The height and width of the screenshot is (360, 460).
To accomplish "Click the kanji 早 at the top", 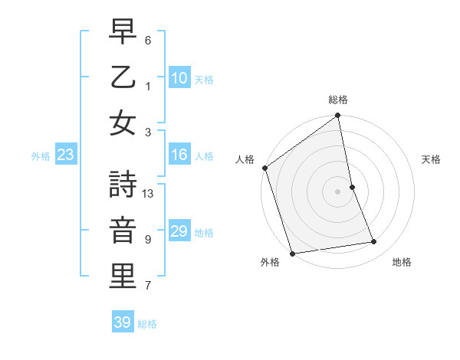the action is click(123, 31).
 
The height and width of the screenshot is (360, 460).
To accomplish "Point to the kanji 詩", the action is click(123, 185).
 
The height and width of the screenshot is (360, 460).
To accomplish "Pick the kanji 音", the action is click(123, 231).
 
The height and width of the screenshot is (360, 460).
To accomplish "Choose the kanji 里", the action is click(123, 277).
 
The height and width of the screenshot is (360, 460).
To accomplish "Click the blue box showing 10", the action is click(179, 78).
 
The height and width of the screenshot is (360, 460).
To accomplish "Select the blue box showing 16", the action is click(179, 155).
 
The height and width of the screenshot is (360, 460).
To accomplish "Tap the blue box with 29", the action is click(179, 231).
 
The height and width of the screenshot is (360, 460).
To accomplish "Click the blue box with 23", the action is click(65, 155).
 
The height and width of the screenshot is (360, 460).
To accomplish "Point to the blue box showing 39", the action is click(122, 322).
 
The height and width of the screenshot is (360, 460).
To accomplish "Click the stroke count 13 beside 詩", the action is click(149, 194).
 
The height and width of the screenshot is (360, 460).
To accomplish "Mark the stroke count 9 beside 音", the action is click(148, 240).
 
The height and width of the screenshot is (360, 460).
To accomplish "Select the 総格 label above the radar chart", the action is click(338, 100).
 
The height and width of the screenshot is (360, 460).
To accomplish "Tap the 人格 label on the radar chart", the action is click(245, 159).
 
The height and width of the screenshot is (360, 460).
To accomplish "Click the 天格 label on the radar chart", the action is click(431, 159).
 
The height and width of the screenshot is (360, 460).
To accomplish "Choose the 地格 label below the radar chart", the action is click(402, 263).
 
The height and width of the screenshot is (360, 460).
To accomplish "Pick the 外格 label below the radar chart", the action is click(270, 263).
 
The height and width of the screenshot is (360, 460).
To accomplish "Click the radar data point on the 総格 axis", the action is click(338, 116).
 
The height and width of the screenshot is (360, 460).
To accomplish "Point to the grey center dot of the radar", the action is click(338, 191).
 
